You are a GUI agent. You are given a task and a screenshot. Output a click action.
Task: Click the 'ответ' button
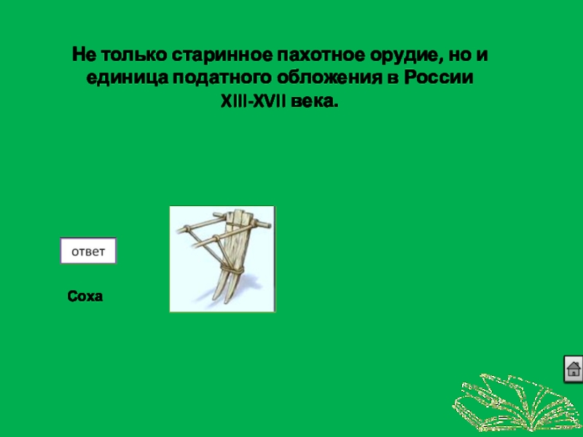87,251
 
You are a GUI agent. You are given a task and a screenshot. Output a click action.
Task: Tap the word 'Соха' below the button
85,296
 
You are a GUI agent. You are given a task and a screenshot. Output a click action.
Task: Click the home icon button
574,369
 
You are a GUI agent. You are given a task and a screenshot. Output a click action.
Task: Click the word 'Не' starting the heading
82,55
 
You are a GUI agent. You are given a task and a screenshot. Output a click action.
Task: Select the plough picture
222,259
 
